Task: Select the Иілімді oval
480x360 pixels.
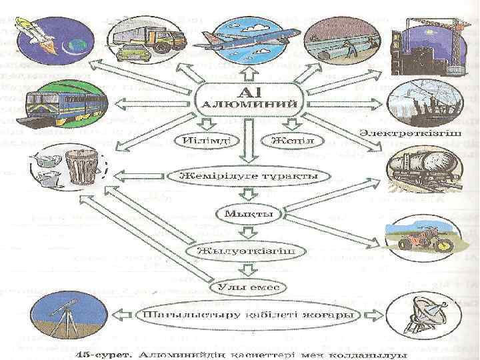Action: click(199, 141)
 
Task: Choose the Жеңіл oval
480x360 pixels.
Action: click(287, 141)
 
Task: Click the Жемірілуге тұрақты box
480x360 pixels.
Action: click(247, 177)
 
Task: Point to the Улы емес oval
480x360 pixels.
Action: click(248, 287)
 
